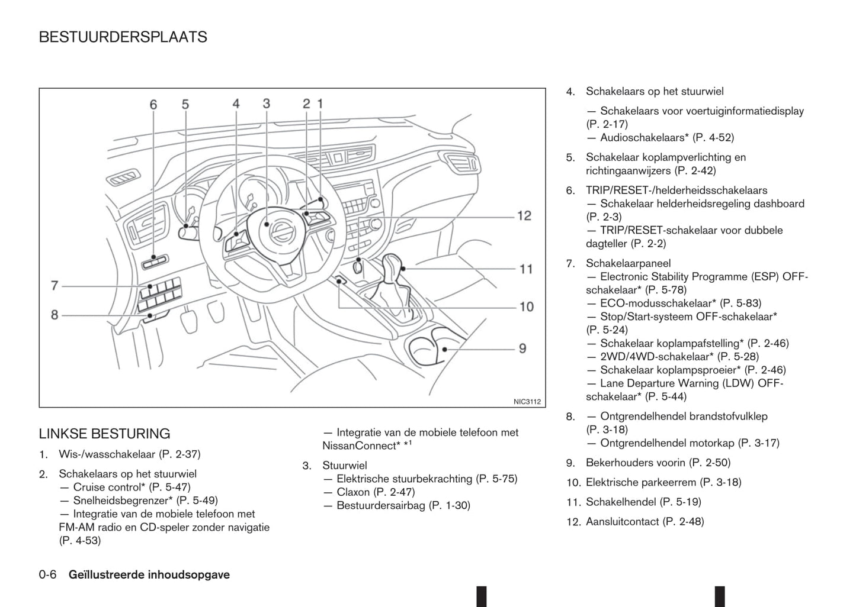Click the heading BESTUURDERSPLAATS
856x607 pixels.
point(123,37)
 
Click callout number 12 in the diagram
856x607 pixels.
point(524,216)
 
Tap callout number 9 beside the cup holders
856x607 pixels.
point(522,348)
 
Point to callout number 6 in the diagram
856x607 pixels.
point(153,105)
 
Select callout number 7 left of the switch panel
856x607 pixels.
point(54,286)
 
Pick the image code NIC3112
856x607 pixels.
point(527,402)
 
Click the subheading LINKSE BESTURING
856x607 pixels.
point(104,434)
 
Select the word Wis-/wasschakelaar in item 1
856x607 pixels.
point(107,454)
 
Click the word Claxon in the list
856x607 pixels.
point(353,492)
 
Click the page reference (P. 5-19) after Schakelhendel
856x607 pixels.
point(681,502)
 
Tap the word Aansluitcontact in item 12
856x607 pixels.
point(622,522)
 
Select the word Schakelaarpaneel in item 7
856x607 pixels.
point(628,263)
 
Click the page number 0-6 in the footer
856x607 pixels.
point(47,574)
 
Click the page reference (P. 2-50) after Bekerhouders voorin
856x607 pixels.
point(710,463)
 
